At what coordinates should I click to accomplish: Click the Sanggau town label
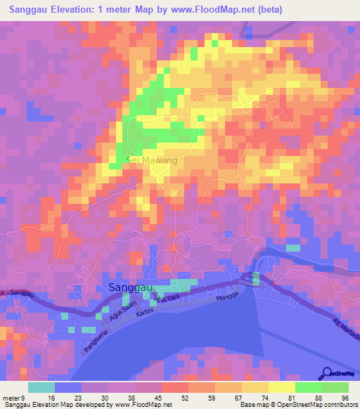pos(133,287)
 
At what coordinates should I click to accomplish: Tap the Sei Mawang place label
pos(151,161)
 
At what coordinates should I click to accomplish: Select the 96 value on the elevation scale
pos(345,398)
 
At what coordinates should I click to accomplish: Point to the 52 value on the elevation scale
pos(174,398)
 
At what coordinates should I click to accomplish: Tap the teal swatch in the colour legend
pos(41,387)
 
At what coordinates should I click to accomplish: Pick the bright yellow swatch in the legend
pos(282,387)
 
